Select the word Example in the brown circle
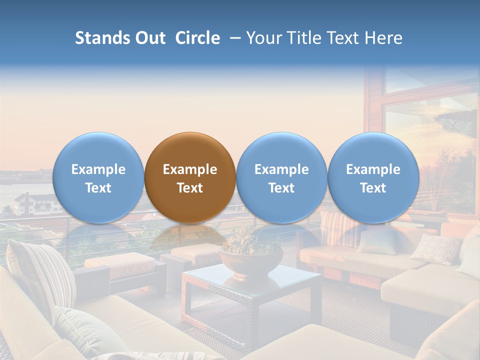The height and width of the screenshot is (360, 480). tap(190, 169)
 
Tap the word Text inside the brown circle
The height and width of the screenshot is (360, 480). tap(190, 188)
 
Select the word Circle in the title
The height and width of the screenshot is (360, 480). tap(197, 38)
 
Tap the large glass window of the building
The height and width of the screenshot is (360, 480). tap(430, 140)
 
